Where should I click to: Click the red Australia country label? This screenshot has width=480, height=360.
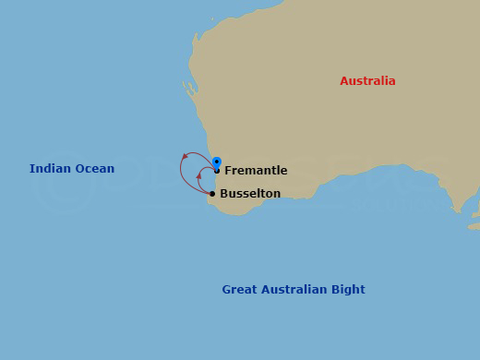[x=367, y=81]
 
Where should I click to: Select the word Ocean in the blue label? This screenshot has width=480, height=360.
[x=95, y=169]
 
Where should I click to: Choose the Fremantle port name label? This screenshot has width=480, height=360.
[x=256, y=171]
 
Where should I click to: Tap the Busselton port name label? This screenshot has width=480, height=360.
[x=250, y=194]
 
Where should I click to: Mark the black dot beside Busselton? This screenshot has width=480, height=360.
[x=212, y=194]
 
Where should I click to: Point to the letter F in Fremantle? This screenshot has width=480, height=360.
[x=228, y=171]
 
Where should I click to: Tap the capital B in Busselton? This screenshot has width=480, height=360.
[x=224, y=194]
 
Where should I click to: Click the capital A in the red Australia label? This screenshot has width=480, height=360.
[x=344, y=81]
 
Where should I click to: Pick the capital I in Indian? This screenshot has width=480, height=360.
[x=31, y=169]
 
